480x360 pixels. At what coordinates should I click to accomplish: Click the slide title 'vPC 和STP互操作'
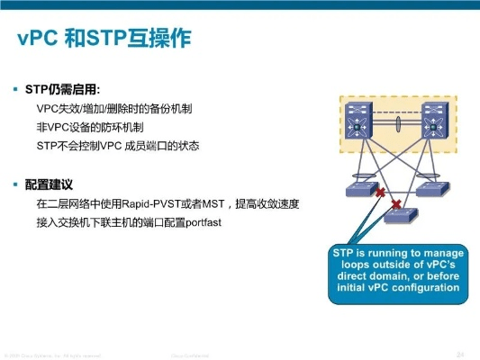coord(105,40)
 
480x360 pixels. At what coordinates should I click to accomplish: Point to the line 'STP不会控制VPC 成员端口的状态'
coord(117,145)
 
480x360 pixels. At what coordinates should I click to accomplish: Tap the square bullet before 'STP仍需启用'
coord(15,90)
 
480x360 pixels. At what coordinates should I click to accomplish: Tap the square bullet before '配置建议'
coord(15,184)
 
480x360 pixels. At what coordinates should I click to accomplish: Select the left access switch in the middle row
coord(364,189)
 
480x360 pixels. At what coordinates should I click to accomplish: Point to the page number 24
coord(460,352)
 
